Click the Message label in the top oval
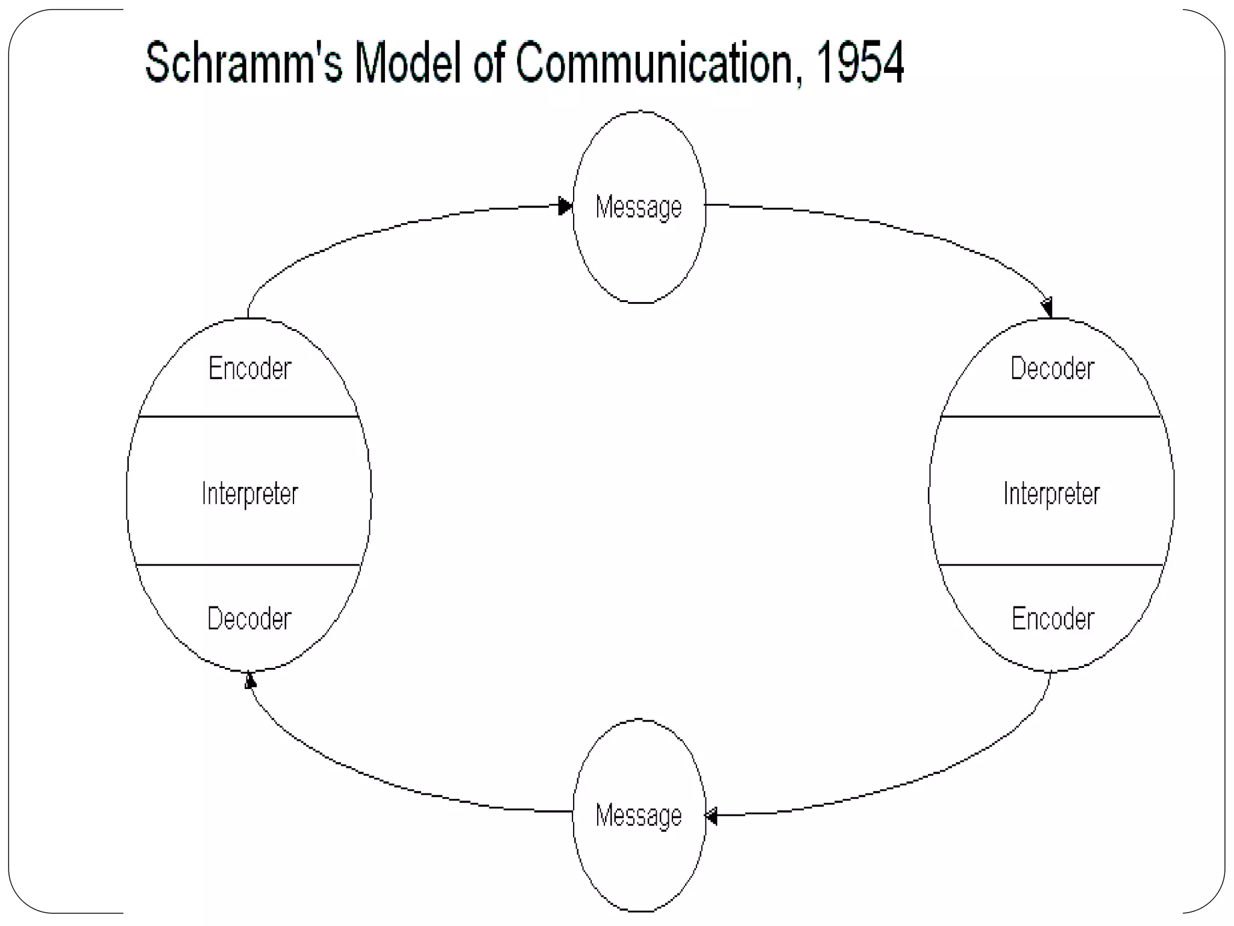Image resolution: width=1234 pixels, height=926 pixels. pos(639,207)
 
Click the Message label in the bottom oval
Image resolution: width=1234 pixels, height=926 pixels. pos(639,816)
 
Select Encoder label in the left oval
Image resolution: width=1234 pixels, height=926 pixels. pos(249,368)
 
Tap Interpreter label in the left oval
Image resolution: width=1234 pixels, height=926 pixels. pos(249,494)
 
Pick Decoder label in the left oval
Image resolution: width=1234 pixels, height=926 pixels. pos(249,619)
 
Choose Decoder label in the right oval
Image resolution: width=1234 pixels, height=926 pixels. pos(1052,368)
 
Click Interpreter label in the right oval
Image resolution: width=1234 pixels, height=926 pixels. pos(1051,494)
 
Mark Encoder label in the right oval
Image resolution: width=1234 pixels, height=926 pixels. pos(1053,619)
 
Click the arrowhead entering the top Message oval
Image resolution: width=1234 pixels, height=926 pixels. pos(565,206)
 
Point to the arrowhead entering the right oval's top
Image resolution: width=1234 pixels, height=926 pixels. pos(1047,307)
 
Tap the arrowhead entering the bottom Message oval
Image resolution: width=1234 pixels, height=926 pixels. pos(711,817)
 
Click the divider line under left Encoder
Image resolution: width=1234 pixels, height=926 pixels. pos(248,417)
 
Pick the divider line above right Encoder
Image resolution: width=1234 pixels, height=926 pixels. pos(1051,565)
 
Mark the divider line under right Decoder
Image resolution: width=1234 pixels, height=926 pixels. pos(1051,417)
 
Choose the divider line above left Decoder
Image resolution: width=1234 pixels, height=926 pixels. pos(248,565)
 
